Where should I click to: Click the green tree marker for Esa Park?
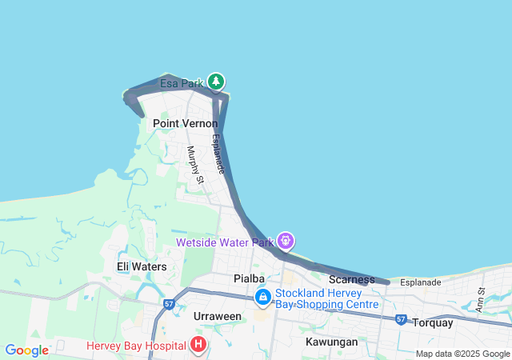[215, 82]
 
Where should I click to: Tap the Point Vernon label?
[185, 124]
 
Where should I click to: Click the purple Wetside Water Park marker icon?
[285, 240]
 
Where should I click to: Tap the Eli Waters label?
[142, 266]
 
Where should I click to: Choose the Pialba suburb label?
[248, 278]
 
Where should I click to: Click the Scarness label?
[351, 279]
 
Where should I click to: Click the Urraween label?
[218, 316]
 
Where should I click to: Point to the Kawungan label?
[331, 342]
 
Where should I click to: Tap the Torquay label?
[433, 323]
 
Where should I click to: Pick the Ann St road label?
[481, 300]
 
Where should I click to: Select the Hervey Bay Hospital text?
[137, 346]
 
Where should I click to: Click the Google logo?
[26, 350]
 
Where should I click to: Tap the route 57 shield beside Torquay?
[401, 319]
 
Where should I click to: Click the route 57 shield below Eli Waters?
[169, 304]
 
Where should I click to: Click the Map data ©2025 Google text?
[462, 354]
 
